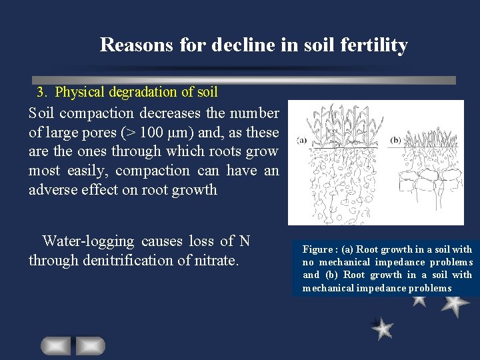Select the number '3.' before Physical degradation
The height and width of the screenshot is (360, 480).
43,91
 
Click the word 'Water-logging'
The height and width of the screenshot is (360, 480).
88,241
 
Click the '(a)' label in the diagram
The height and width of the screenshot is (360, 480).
301,141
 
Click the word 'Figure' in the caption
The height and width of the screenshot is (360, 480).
317,249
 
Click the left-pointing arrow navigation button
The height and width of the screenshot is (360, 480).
55,345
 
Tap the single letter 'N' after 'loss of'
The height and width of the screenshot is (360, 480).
245,241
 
